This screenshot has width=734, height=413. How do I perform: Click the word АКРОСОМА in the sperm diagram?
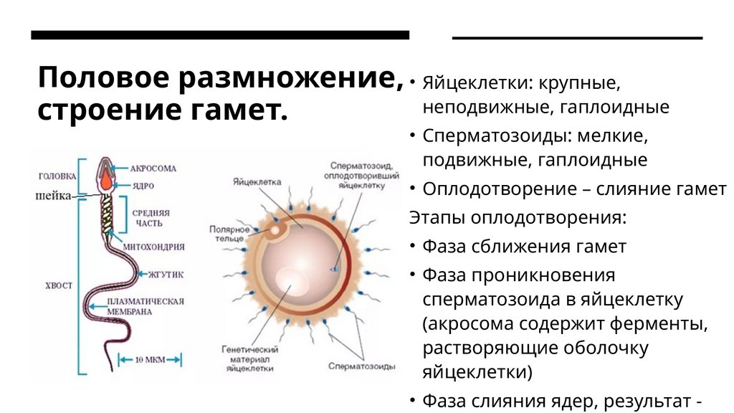pos(153,168)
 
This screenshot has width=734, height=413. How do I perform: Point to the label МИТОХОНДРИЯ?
pos(154,247)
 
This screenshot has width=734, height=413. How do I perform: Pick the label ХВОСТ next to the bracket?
pos(58,285)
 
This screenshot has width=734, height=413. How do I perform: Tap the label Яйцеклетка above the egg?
pos(257,182)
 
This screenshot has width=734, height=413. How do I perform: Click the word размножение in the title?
pos(275,79)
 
